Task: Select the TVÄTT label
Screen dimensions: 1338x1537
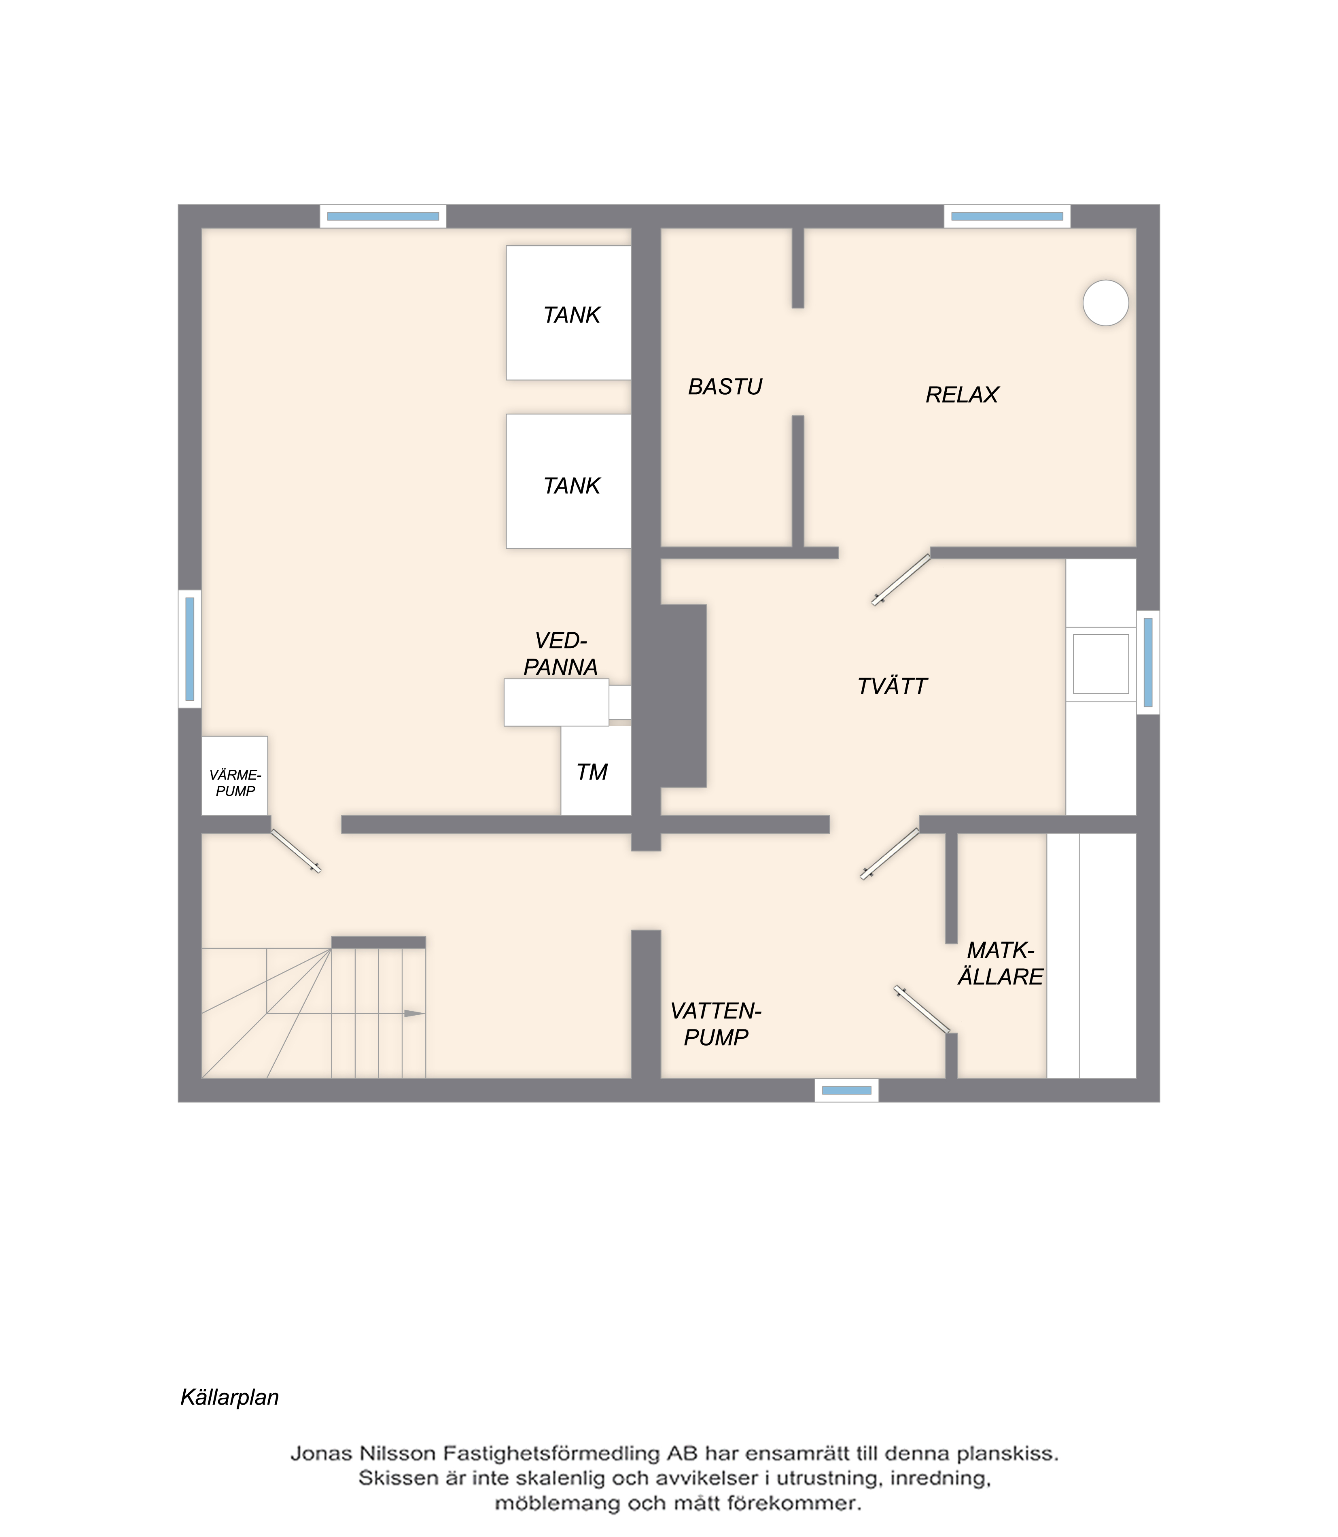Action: pos(892,687)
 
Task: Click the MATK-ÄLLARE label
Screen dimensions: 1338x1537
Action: pos(1001,963)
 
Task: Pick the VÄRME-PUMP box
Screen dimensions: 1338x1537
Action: pos(234,776)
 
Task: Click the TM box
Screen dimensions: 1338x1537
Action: pos(596,771)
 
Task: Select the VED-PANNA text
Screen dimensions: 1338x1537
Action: pos(561,653)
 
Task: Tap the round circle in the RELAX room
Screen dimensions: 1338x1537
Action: pos(1106,303)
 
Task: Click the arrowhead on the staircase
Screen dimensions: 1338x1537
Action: pos(414,1014)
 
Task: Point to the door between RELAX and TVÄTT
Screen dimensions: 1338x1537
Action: pos(901,580)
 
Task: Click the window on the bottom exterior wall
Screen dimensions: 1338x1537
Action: pos(847,1091)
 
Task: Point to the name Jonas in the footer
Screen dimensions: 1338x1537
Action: pos(321,1453)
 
